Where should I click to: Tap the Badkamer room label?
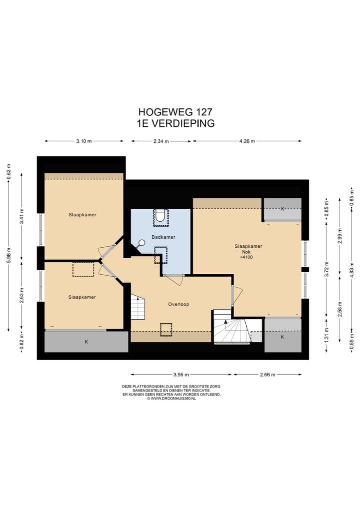[163, 237]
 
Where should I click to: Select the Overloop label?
[178, 304]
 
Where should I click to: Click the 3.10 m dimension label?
[83, 141]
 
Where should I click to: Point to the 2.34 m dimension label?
[161, 141]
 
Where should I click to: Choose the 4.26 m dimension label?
[247, 141]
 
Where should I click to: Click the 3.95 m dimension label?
[181, 375]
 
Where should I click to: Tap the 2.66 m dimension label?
[267, 375]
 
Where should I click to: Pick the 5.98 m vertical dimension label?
[9, 256]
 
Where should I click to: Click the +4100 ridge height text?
[246, 257]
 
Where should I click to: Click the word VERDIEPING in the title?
[183, 123]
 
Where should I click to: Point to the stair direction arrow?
[225, 324]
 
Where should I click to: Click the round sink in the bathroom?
[141, 242]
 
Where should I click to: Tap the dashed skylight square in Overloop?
[165, 330]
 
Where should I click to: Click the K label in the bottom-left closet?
[86, 342]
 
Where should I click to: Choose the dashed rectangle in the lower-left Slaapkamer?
[83, 269]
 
